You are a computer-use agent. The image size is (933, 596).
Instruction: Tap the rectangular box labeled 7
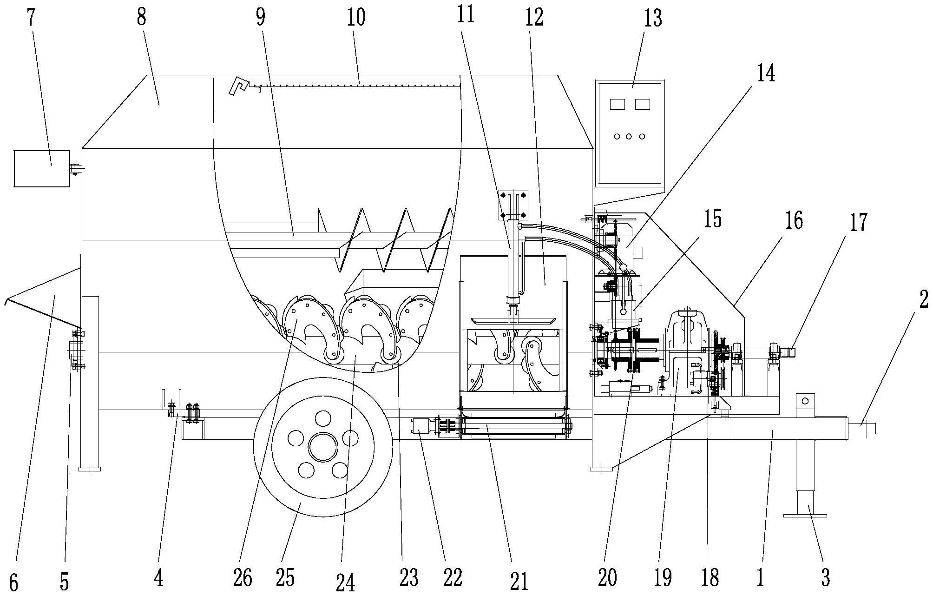tap(42, 168)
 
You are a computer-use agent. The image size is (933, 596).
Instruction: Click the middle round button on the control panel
tap(629, 136)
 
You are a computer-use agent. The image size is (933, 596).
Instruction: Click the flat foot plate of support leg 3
tap(805, 515)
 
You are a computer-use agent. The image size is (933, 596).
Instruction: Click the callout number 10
tap(355, 17)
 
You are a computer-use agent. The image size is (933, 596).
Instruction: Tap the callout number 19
tap(663, 578)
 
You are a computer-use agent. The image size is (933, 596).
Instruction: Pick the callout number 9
tap(260, 17)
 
